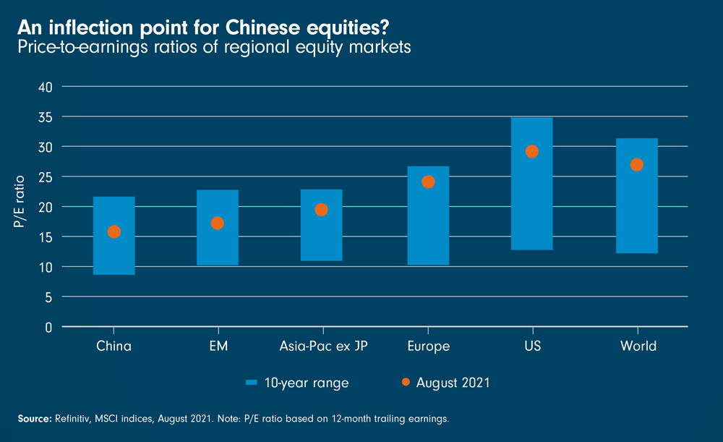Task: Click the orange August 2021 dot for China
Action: click(x=114, y=232)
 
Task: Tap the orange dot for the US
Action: click(x=532, y=151)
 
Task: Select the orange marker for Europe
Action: click(x=428, y=182)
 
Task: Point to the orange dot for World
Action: click(x=637, y=165)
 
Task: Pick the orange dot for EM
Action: click(x=218, y=224)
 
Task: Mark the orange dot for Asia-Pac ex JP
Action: click(x=322, y=210)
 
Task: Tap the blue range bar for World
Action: click(x=637, y=217)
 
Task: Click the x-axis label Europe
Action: click(x=428, y=347)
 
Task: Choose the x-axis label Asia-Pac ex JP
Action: click(x=323, y=347)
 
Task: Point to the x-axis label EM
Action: click(x=218, y=347)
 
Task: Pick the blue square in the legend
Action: click(x=252, y=383)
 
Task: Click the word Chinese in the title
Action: click(x=263, y=27)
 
